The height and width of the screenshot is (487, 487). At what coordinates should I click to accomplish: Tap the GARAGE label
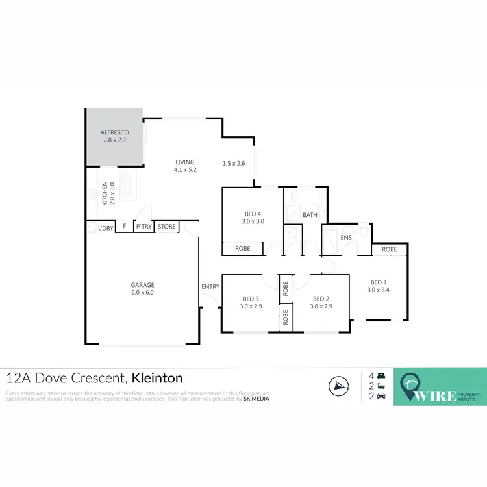pyautogui.click(x=142, y=285)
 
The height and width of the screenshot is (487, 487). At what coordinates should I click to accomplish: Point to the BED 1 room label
pyautogui.click(x=379, y=282)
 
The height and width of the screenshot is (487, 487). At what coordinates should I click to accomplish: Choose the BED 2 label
pyautogui.click(x=321, y=299)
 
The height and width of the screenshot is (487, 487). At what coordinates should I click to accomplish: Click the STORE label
pyautogui.click(x=167, y=227)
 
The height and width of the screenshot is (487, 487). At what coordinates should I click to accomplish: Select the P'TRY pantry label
pyautogui.click(x=144, y=227)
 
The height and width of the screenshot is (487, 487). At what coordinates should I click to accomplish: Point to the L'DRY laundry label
pyautogui.click(x=105, y=229)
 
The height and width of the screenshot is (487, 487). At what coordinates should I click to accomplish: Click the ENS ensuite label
pyautogui.click(x=346, y=238)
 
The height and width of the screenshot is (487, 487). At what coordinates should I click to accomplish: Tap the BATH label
pyautogui.click(x=310, y=214)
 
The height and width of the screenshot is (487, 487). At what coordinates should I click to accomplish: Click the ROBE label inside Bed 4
pyautogui.click(x=242, y=248)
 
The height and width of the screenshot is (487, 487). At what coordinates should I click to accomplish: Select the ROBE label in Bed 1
pyautogui.click(x=390, y=249)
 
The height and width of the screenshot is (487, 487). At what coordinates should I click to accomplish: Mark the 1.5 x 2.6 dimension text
pyautogui.click(x=234, y=163)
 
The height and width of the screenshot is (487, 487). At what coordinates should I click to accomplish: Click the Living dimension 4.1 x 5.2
pyautogui.click(x=185, y=169)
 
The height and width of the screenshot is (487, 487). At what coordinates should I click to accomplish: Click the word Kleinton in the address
pyautogui.click(x=157, y=378)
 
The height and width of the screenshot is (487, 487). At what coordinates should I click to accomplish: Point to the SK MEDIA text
pyautogui.click(x=256, y=399)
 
